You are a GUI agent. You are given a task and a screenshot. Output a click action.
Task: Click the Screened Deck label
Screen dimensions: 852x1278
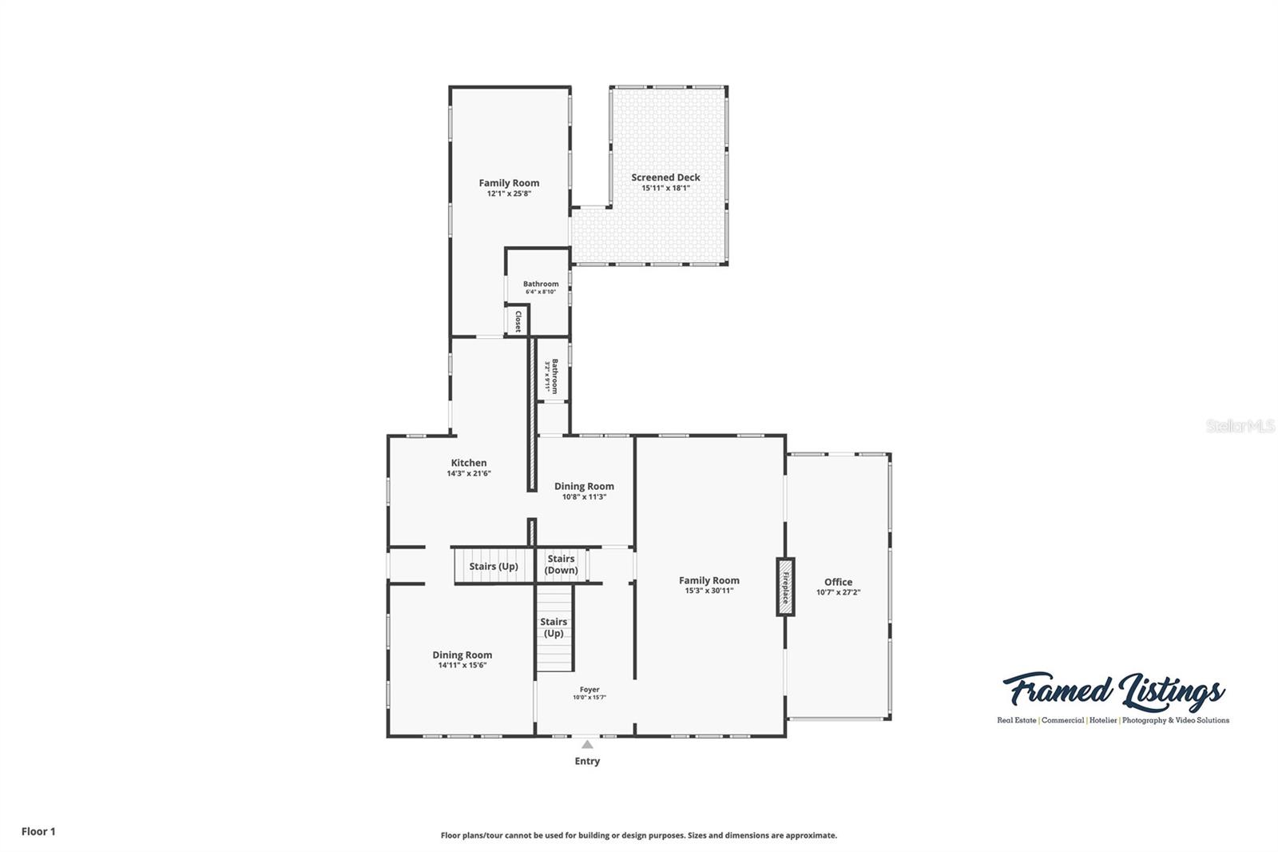665,177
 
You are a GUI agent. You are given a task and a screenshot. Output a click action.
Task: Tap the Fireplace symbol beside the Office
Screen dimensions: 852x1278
786,587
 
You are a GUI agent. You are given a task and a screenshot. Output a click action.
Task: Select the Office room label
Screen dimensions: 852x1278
838,582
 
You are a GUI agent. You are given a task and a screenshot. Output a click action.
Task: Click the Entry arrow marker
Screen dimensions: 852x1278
587,745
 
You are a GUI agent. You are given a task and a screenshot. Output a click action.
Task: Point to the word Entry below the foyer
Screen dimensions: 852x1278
587,761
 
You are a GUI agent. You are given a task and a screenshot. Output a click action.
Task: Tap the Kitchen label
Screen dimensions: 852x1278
469,463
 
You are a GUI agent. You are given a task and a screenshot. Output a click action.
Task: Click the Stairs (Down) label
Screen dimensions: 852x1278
561,564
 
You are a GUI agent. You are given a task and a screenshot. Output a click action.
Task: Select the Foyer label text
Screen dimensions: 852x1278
589,690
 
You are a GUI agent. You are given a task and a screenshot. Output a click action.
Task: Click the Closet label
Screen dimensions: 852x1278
518,321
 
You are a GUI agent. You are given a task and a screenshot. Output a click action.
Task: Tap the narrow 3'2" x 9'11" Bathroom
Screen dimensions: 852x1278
552,375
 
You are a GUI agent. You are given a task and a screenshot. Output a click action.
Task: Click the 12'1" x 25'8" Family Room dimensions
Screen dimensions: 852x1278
509,193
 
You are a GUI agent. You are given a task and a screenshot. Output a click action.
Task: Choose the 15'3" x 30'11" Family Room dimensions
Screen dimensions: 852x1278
708,591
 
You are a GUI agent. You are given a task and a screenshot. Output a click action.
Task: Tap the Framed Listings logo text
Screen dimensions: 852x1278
1113,691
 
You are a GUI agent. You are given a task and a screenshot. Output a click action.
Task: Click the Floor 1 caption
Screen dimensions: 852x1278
38,831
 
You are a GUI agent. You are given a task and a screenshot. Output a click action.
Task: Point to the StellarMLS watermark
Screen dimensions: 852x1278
1240,427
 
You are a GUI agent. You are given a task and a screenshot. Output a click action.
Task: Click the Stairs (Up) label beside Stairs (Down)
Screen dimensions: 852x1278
494,566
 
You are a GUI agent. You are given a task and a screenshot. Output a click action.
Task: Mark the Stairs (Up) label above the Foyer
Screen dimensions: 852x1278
554,627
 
